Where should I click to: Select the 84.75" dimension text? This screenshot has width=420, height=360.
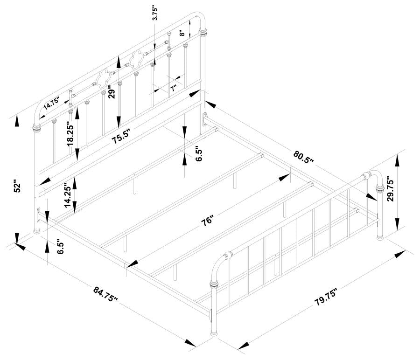[106, 295]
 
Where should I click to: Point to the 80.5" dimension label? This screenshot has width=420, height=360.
[303, 157]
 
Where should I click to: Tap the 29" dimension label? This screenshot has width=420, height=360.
[111, 93]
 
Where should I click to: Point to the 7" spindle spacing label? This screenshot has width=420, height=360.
[173, 89]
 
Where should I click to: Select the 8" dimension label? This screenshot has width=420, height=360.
[183, 33]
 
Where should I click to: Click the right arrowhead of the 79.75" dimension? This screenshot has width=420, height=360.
[400, 255]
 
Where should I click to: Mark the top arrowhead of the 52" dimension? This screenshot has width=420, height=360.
[17, 118]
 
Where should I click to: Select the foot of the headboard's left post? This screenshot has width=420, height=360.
[36, 231]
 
